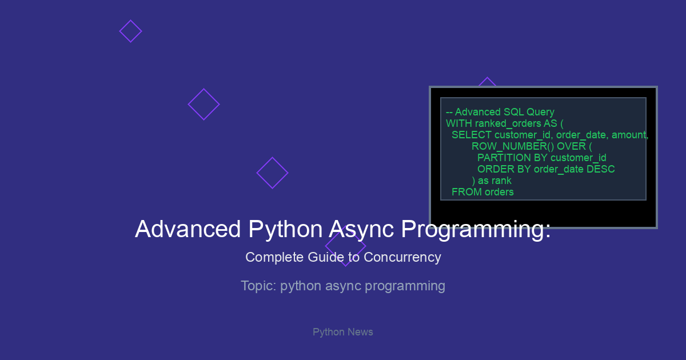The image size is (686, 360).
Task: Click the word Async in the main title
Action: pos(361,230)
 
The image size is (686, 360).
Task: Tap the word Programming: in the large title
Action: pos(476,230)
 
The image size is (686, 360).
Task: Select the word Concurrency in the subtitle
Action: pos(402,257)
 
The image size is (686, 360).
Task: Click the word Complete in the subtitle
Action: pos(274,257)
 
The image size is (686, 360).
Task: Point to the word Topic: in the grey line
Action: pos(259,286)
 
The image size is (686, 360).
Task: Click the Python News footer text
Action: pos(342,332)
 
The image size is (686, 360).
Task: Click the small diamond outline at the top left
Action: pos(130,21)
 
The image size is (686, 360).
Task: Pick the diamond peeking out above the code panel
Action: pos(487,78)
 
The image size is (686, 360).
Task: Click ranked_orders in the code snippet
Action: pos(508,123)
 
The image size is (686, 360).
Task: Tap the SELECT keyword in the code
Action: pos(472,135)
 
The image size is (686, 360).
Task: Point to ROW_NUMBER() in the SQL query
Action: pos(513,146)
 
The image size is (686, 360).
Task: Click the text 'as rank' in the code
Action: pos(494,181)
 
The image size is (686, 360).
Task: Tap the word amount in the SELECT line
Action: pos(630,135)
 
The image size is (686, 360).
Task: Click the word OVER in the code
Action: pos(571,146)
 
